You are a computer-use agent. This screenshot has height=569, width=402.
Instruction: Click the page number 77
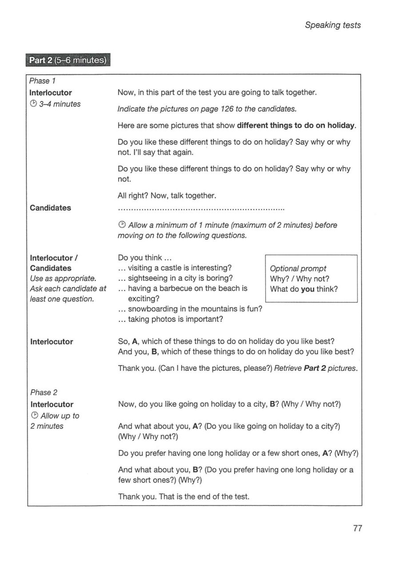tap(358, 528)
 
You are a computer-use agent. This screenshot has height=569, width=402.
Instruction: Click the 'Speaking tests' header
tap(333, 25)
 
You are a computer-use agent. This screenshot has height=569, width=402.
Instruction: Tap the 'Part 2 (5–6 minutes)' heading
tap(68, 60)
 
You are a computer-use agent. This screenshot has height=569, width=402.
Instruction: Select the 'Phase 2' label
tap(40, 393)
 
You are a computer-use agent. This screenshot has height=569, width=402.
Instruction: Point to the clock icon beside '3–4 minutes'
tap(33, 104)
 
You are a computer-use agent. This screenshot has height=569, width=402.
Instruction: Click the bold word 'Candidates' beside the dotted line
tap(50, 208)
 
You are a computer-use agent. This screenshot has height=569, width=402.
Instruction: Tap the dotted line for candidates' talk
tap(201, 208)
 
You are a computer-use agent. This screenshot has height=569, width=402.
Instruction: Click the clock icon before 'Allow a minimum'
tap(122, 225)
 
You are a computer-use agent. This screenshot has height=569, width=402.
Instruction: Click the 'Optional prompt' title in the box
tap(298, 268)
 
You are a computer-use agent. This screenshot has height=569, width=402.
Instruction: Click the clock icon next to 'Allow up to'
tap(33, 416)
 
